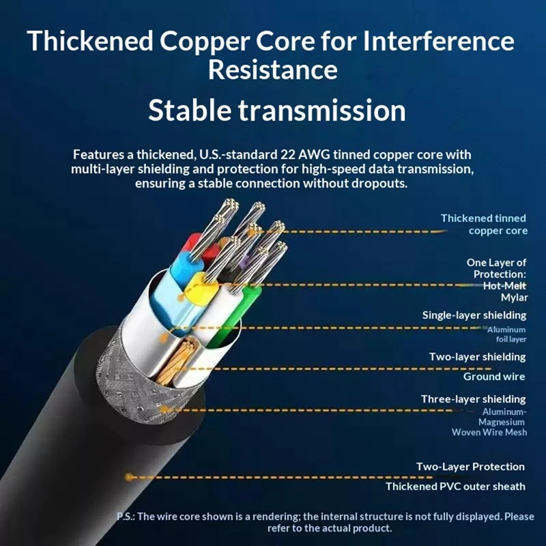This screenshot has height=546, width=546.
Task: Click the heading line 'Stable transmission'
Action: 277,110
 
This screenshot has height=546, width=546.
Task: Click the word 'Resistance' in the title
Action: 272,70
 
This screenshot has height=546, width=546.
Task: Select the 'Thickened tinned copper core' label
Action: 484,225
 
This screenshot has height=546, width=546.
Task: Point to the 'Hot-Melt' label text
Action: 504,286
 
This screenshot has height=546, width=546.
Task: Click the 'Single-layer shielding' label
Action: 474,315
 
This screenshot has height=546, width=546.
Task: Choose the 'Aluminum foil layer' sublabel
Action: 506,334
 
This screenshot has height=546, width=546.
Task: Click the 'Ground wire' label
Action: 494,377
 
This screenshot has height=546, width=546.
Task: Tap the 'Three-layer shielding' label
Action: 473,399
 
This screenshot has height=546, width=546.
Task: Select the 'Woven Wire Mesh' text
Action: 489,432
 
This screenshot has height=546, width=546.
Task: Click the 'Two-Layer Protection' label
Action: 470,467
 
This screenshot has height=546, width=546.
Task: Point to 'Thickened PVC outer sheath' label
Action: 455,487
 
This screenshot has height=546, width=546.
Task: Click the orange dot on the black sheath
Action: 129,477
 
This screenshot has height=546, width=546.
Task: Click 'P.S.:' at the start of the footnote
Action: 126,517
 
